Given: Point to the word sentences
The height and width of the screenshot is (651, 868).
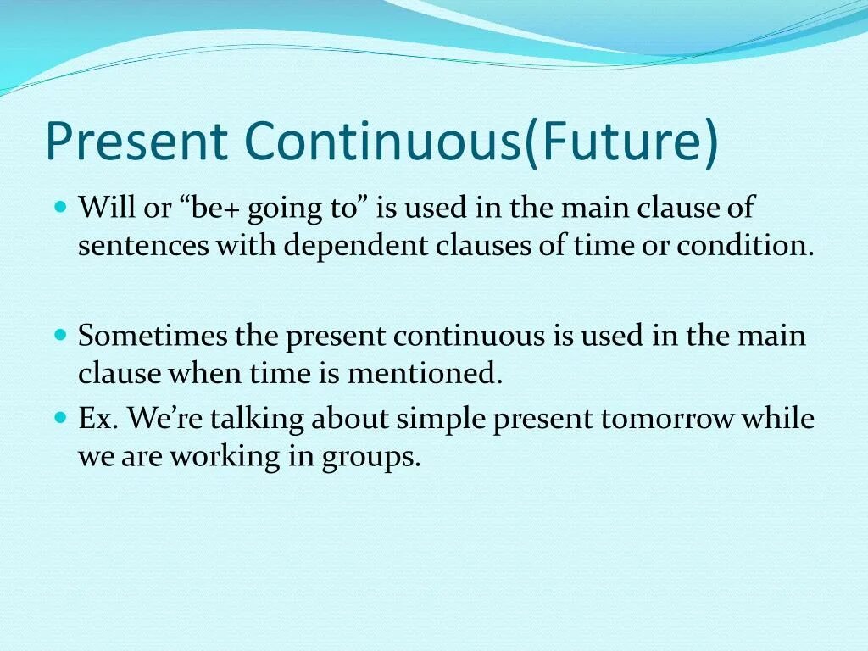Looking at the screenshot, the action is click(143, 246).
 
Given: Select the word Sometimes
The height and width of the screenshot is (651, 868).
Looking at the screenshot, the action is click(153, 336).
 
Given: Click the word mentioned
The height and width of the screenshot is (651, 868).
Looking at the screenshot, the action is click(425, 373).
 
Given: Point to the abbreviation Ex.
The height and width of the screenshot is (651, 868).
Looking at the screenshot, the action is click(98, 419).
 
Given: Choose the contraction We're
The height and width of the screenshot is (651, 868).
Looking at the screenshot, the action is click(165, 418).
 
